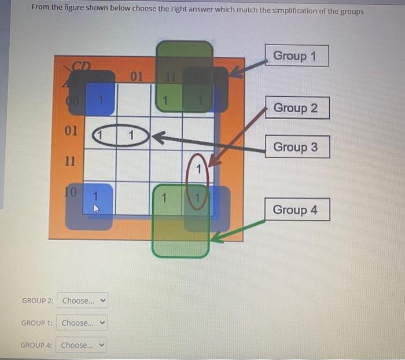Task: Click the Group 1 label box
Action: [297, 56]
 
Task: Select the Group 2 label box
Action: [297, 108]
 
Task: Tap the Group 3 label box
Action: [297, 147]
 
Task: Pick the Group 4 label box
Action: [297, 210]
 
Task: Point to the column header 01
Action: [137, 76]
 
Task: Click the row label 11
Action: [69, 161]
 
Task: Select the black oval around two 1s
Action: [119, 135]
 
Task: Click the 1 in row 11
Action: [198, 170]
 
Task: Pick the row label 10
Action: [70, 192]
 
